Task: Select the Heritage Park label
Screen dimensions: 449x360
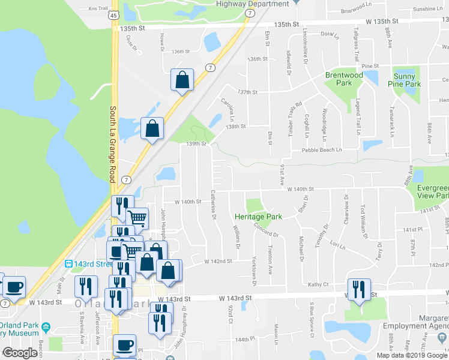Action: [x=258, y=216]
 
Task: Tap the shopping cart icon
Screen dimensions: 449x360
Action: [x=138, y=218]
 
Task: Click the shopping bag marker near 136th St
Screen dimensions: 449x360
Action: [x=182, y=80]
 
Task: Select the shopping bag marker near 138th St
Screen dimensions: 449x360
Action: [x=153, y=128]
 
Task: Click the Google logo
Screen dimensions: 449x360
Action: [x=20, y=353]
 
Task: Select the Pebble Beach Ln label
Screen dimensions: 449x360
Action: [x=321, y=149]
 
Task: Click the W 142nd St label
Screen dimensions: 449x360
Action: [x=218, y=262]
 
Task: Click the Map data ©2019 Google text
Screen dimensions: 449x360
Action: [x=411, y=355]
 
